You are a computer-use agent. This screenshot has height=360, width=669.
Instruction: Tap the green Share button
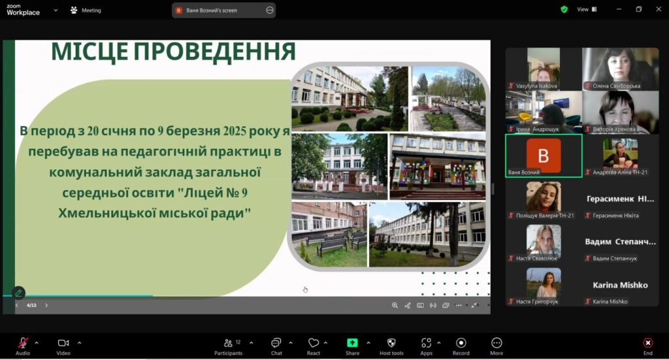pos(352,343)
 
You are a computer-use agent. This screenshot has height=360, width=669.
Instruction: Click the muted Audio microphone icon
pos(23,343)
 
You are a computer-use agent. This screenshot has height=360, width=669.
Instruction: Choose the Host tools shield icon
pos(391,343)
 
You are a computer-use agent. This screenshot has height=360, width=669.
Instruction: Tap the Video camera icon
pos(63,343)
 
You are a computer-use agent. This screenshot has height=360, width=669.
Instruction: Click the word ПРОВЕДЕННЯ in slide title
pos(214,52)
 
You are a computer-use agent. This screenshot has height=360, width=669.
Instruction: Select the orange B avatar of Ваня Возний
pos(543,155)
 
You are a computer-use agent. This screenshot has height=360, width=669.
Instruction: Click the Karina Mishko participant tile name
pos(620,285)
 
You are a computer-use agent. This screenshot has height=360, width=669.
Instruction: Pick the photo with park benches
pos(329,234)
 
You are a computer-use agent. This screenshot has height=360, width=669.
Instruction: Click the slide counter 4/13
pos(31,305)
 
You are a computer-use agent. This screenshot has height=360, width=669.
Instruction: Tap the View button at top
pos(587,9)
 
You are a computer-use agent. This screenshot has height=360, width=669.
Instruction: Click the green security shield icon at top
pos(564,9)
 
